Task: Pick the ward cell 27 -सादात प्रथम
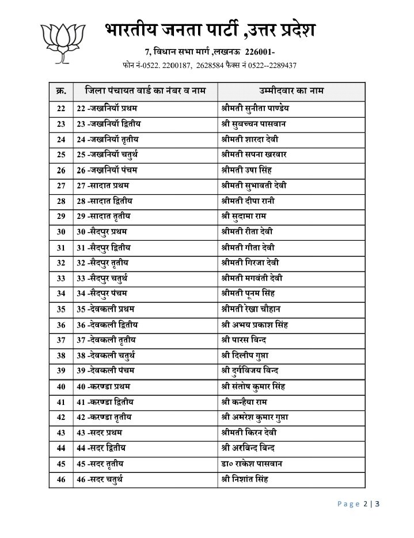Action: (x=103, y=185)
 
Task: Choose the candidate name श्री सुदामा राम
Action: (x=244, y=216)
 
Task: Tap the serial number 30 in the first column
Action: (x=61, y=232)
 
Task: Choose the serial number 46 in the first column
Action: (x=61, y=479)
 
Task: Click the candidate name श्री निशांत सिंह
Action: (x=245, y=479)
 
